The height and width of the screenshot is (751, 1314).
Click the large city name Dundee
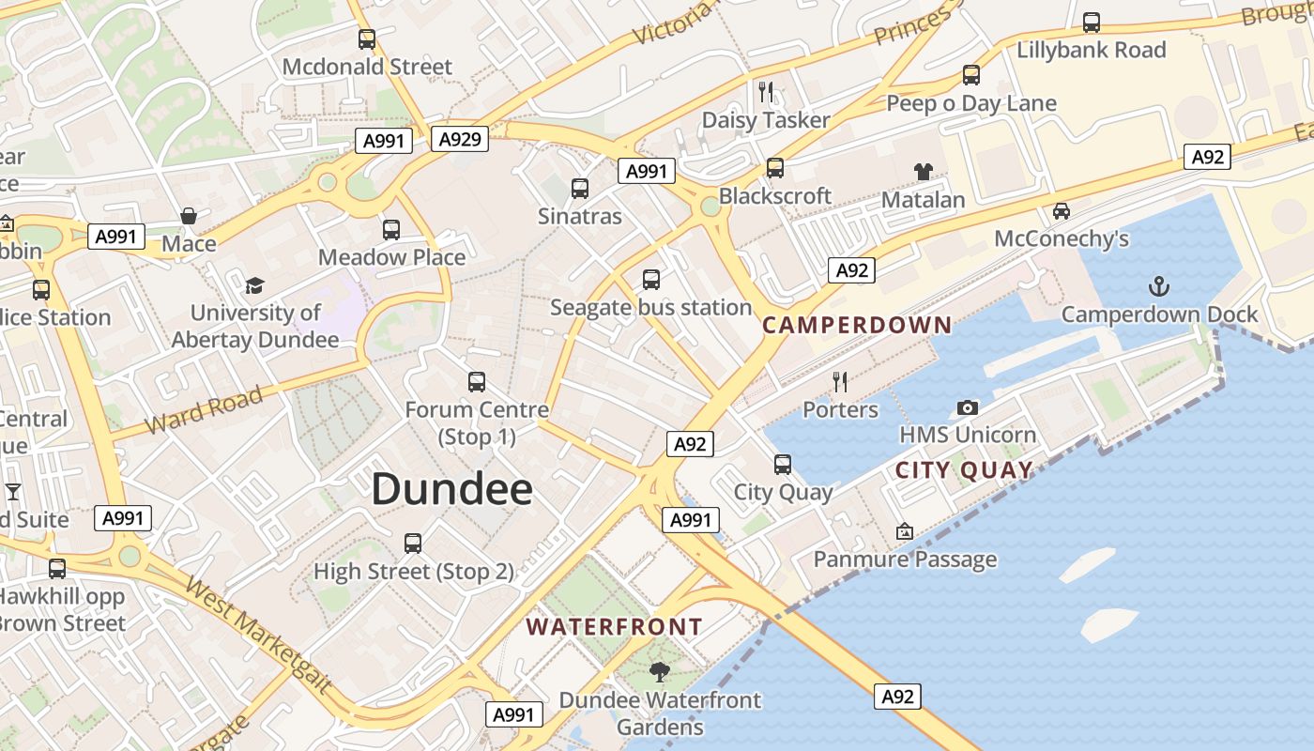coord(452,489)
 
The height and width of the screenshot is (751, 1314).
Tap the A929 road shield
coord(460,140)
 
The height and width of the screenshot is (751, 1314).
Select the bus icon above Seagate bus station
coord(650,280)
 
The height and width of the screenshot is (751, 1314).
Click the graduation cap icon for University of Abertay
coord(254,285)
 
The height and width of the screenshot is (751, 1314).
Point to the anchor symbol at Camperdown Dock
coord(1159,285)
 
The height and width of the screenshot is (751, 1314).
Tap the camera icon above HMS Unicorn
coord(967,407)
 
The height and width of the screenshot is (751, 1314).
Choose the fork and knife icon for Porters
coord(840,382)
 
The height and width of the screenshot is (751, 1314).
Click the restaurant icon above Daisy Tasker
coord(766,92)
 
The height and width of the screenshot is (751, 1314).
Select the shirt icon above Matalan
coord(924,172)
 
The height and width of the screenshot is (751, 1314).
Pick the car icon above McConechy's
coord(1062,211)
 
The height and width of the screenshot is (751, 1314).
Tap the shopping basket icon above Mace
coord(189,216)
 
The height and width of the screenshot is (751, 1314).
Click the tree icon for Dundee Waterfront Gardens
coord(659,671)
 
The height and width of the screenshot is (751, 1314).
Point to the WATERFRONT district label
coord(614,627)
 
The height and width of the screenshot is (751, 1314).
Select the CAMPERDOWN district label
coord(857,326)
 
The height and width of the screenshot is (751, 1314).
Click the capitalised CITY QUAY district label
coord(964,470)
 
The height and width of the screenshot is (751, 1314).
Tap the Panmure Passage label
coord(905,559)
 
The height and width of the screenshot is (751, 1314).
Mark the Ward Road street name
coord(205,410)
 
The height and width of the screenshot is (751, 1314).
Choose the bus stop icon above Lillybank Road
coord(1091,23)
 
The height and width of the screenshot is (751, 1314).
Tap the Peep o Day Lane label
coord(971,103)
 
